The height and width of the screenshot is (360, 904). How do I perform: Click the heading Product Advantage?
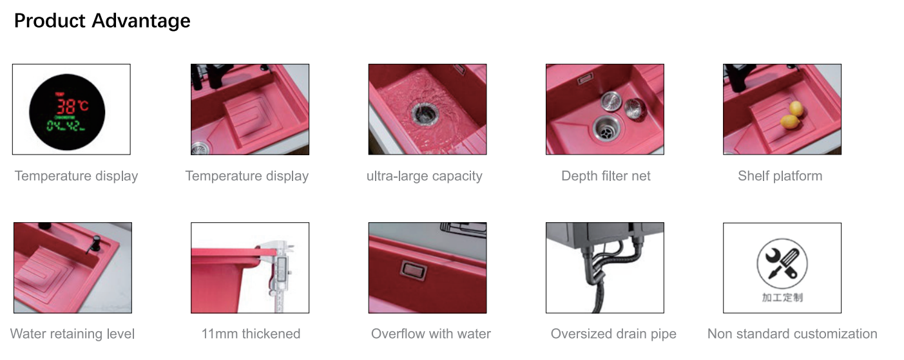click(102, 21)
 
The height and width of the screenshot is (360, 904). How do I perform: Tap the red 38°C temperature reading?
click(72, 106)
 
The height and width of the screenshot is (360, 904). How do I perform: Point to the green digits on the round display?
click(66, 126)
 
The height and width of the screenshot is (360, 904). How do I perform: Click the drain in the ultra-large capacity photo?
click(425, 113)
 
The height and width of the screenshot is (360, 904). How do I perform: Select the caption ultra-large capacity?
click(424, 176)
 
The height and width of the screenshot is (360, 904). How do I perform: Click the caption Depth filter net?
click(606, 176)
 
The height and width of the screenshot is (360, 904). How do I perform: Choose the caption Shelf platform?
click(780, 176)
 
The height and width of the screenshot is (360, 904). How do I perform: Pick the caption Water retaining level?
click(72, 334)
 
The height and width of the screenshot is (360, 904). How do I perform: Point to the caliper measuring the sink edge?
click(280, 274)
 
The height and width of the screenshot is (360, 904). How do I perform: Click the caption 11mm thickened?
click(251, 334)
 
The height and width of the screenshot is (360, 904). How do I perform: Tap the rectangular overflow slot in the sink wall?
click(413, 270)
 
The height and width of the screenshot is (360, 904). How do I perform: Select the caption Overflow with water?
click(430, 334)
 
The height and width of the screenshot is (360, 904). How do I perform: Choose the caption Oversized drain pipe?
click(613, 334)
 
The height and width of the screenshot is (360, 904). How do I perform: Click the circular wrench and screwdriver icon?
click(782, 263)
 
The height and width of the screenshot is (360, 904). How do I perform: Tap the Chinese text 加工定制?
click(782, 298)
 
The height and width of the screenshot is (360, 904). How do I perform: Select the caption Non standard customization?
click(793, 334)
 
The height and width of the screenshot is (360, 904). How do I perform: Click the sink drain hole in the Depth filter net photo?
click(606, 129)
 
